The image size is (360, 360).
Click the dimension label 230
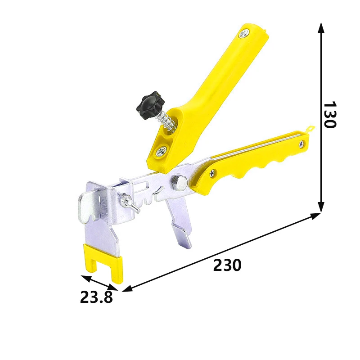pyautogui.click(x=227, y=265)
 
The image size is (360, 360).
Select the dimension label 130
pyautogui.click(x=330, y=114)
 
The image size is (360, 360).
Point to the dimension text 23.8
pyautogui.click(x=96, y=297)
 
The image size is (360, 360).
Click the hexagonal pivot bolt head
pyautogui.click(x=179, y=183)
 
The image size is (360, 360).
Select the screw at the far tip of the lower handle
pyautogui.click(x=301, y=144)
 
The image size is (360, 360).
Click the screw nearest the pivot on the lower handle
pyautogui.click(x=213, y=174)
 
